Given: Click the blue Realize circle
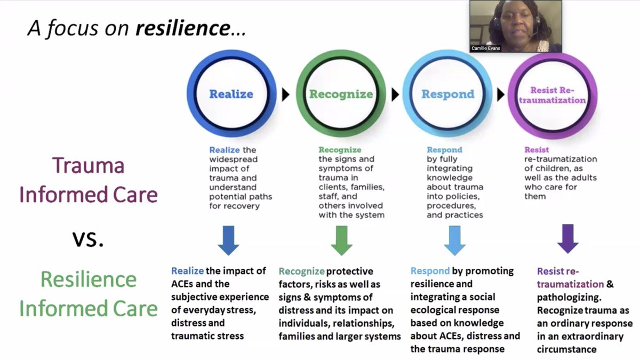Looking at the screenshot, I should click(x=231, y=94).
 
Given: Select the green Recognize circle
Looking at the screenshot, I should click(x=341, y=94).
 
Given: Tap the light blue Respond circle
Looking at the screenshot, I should click(x=447, y=94).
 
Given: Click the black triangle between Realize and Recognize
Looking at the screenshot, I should click(x=286, y=95).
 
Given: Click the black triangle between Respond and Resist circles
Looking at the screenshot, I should click(x=500, y=95).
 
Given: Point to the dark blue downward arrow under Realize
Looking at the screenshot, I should click(x=228, y=240).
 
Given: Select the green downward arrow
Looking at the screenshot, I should click(x=341, y=240).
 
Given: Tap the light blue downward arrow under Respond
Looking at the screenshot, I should click(x=454, y=240).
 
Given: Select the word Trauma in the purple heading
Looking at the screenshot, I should click(x=88, y=166).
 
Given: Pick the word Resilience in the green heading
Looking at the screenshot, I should click(x=89, y=279).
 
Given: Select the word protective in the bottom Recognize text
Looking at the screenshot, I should click(x=349, y=271).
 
